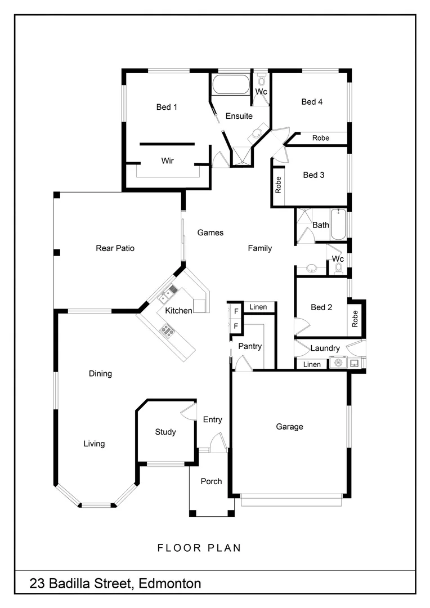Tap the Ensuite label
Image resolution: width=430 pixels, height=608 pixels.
point(239,117)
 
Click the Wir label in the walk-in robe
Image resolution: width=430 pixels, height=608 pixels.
point(167,161)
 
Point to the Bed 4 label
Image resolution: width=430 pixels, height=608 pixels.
point(312,102)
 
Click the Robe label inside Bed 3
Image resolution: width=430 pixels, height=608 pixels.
point(278,185)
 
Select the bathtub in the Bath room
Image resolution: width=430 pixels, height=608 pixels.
point(338,223)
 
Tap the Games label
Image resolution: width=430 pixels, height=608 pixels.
point(210,233)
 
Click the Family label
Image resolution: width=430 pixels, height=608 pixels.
point(260,248)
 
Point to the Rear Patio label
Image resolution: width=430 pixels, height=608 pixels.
point(115,248)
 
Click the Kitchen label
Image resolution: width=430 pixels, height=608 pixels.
point(178,311)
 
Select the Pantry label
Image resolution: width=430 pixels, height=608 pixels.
point(249,346)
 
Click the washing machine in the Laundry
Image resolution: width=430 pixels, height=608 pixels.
point(338,363)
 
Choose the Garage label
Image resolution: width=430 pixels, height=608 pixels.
point(289,427)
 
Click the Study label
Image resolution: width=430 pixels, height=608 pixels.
point(165,432)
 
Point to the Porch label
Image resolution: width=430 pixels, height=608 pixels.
point(211,481)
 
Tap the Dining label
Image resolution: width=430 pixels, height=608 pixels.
point(100,374)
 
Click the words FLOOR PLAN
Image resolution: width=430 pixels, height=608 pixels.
point(199,548)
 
